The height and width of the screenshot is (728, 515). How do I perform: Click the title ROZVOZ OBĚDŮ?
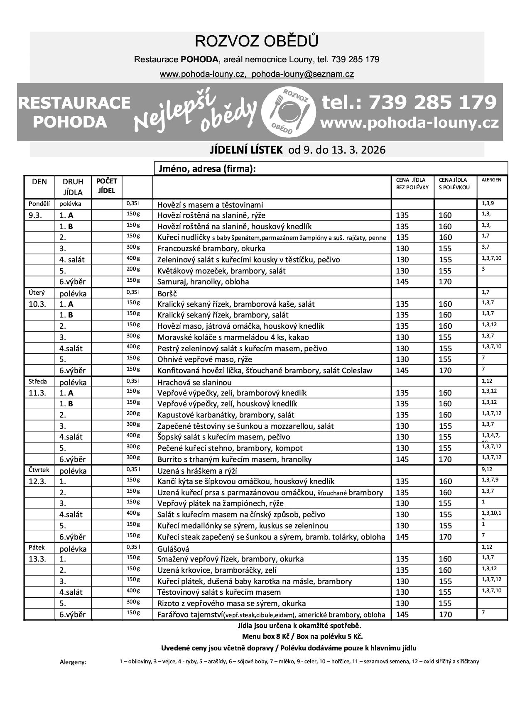point(257,42)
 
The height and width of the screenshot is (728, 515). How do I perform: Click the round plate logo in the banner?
point(288,111)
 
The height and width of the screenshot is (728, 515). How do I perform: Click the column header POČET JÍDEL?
point(107,186)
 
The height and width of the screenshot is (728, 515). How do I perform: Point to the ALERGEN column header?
point(491,180)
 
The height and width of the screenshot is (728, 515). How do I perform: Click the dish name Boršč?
point(168,293)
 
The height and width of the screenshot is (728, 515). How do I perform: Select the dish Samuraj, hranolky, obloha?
point(203,282)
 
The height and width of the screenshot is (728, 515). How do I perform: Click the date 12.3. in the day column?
point(37,481)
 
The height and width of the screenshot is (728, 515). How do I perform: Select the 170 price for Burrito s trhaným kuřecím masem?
point(445,459)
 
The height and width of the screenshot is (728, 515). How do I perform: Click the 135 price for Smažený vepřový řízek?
point(402,559)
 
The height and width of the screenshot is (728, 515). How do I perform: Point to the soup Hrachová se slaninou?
point(194,382)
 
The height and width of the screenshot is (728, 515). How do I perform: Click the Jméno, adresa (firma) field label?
point(206,169)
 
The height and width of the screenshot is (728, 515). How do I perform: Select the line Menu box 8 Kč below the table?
point(299,636)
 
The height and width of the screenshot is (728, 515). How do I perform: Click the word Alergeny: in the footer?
point(73,662)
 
